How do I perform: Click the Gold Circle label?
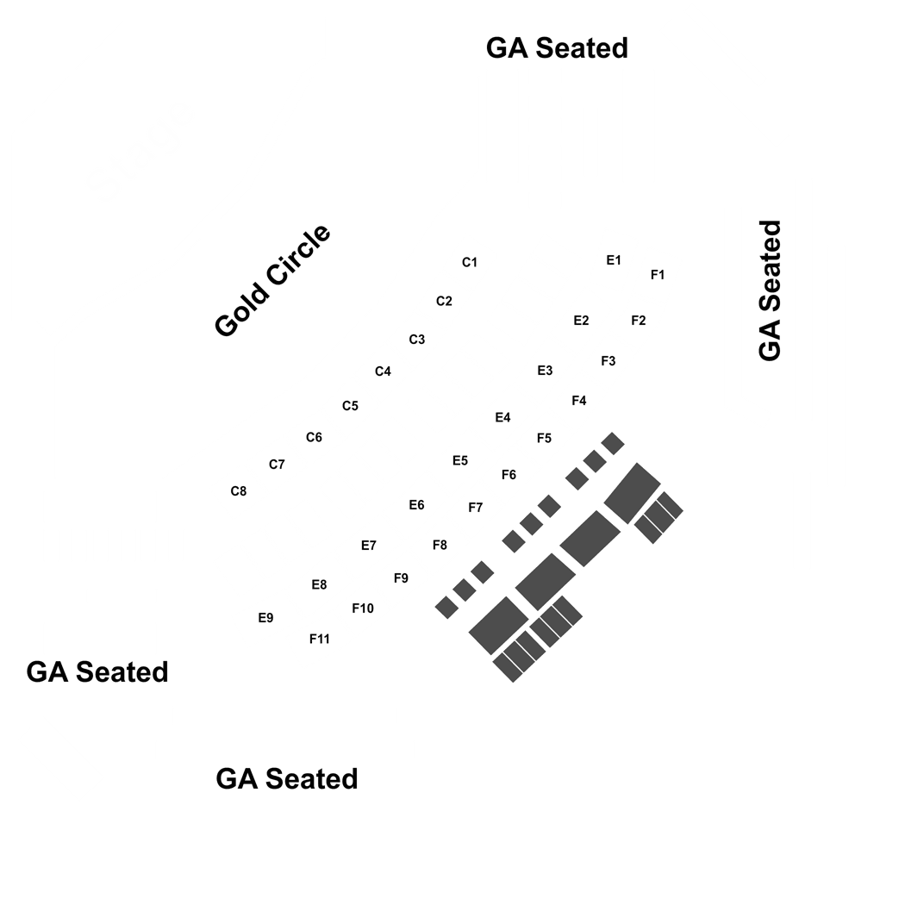pos(272,280)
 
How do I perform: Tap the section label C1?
pos(470,263)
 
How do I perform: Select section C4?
pos(384,371)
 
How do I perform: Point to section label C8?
pos(239,491)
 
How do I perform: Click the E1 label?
pos(614,260)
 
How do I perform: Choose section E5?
pos(460,460)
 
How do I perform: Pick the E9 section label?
pos(265,618)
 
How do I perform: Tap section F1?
pos(658,275)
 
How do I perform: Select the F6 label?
pos(509,475)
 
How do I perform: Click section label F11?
pos(320,639)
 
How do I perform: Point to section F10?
pos(363,609)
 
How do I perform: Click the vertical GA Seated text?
pos(770,291)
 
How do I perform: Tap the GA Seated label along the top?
pos(557,48)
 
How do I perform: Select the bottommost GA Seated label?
pos(287,779)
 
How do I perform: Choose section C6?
pos(314,438)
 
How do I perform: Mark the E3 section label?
pos(545,371)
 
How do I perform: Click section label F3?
pos(609,361)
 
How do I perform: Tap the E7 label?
pos(369,546)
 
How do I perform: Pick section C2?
pos(444,302)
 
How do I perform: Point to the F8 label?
pos(440,545)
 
